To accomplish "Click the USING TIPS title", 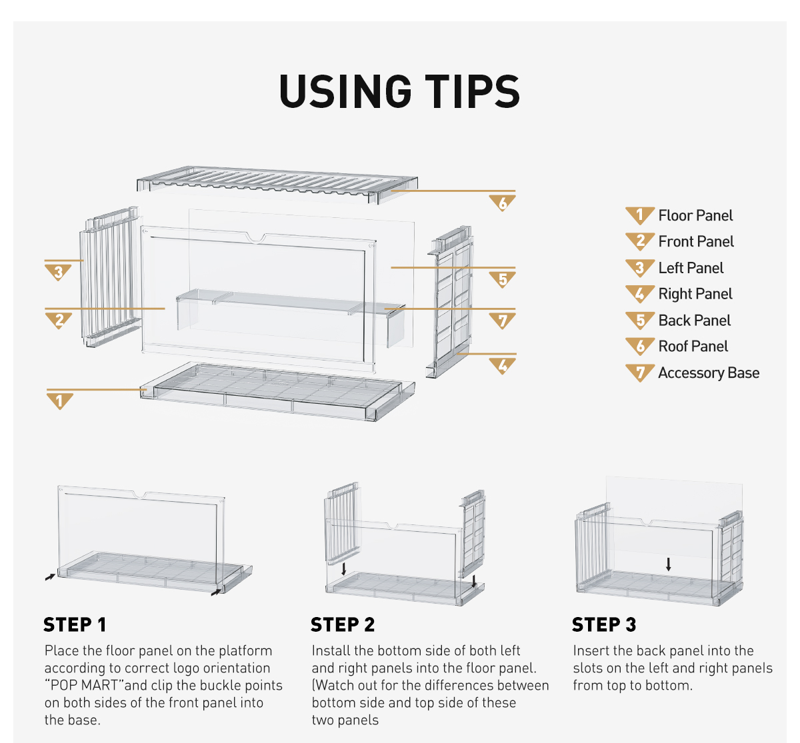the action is pyautogui.click(x=399, y=91).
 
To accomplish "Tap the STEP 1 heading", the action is pyautogui.click(x=75, y=624).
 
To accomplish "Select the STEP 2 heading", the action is pyautogui.click(x=343, y=624).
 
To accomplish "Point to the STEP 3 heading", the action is pyautogui.click(x=604, y=624).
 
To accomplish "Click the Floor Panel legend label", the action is pyautogui.click(x=695, y=215).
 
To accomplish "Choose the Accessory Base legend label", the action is pyautogui.click(x=709, y=373).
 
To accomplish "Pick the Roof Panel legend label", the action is pyautogui.click(x=693, y=347).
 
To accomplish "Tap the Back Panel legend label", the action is pyautogui.click(x=694, y=321).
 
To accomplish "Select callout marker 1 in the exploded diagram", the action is pyautogui.click(x=60, y=401).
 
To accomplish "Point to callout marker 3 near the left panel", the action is pyautogui.click(x=59, y=273).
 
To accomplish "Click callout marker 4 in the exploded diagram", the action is pyautogui.click(x=502, y=366).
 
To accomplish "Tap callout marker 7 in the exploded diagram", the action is pyautogui.click(x=502, y=321).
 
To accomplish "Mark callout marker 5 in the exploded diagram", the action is pyautogui.click(x=502, y=279).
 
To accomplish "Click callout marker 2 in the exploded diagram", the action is pyautogui.click(x=59, y=321).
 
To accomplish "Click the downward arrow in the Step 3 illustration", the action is pyautogui.click(x=668, y=564).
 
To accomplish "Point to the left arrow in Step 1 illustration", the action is pyautogui.click(x=50, y=577).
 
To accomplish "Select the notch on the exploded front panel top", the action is pyautogui.click(x=256, y=238).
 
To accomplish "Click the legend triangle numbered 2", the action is pyautogui.click(x=640, y=242).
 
